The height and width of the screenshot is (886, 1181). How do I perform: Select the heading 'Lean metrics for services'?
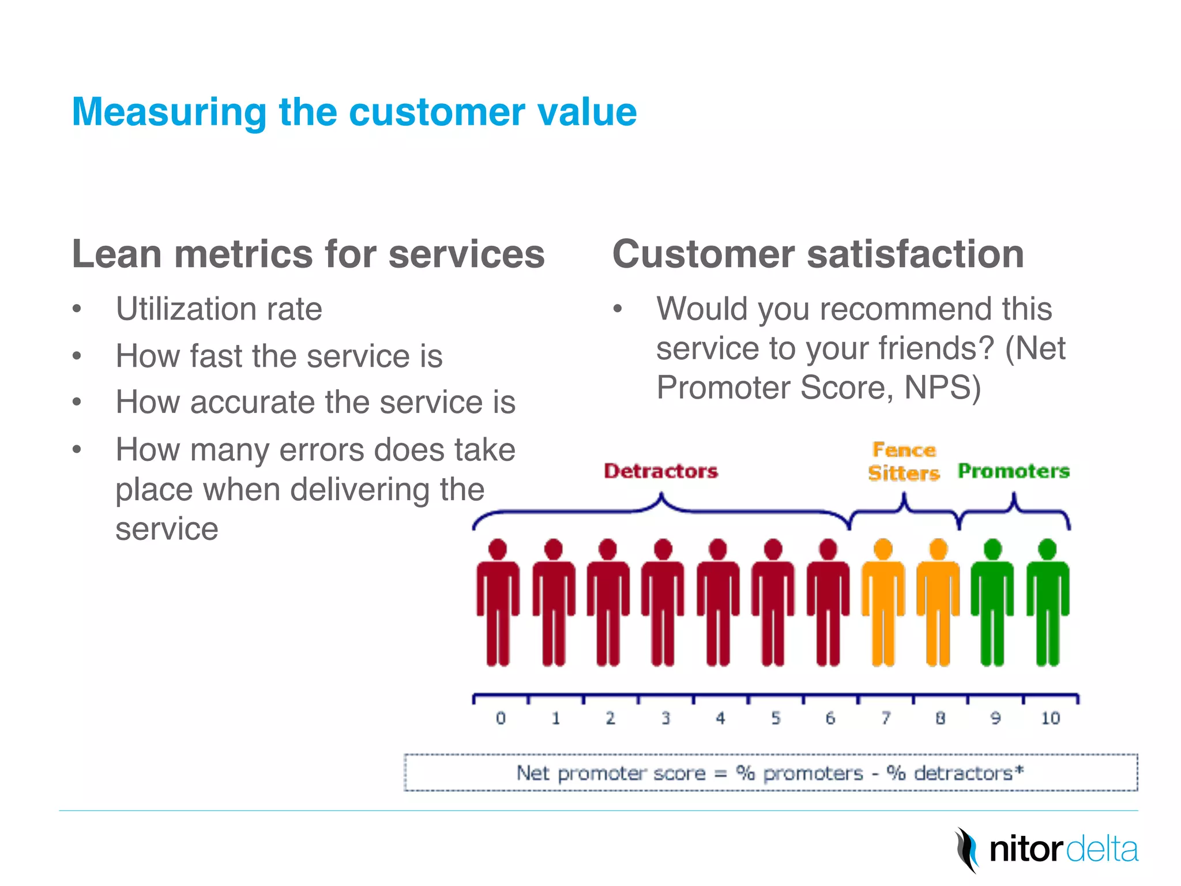pyautogui.click(x=308, y=254)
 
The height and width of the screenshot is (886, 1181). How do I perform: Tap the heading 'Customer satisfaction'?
pyautogui.click(x=818, y=254)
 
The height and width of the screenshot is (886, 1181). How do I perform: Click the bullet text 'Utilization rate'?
pyautogui.click(x=219, y=309)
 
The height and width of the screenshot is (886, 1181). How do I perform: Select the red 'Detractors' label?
pyautogui.click(x=660, y=471)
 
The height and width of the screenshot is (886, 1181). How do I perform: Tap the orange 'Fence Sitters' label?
pyautogui.click(x=903, y=461)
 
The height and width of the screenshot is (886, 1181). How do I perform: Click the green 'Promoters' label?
pyautogui.click(x=1013, y=471)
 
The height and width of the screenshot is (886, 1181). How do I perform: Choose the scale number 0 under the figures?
pyautogui.click(x=501, y=718)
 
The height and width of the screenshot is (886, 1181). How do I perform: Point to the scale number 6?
pyautogui.click(x=830, y=718)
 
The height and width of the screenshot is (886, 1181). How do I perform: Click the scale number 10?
pyautogui.click(x=1050, y=718)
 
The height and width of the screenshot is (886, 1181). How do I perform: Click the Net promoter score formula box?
pyautogui.click(x=770, y=773)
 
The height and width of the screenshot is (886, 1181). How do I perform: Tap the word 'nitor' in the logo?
pyautogui.click(x=1025, y=850)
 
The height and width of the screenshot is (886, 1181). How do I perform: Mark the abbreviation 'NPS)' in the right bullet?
pyautogui.click(x=942, y=388)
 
